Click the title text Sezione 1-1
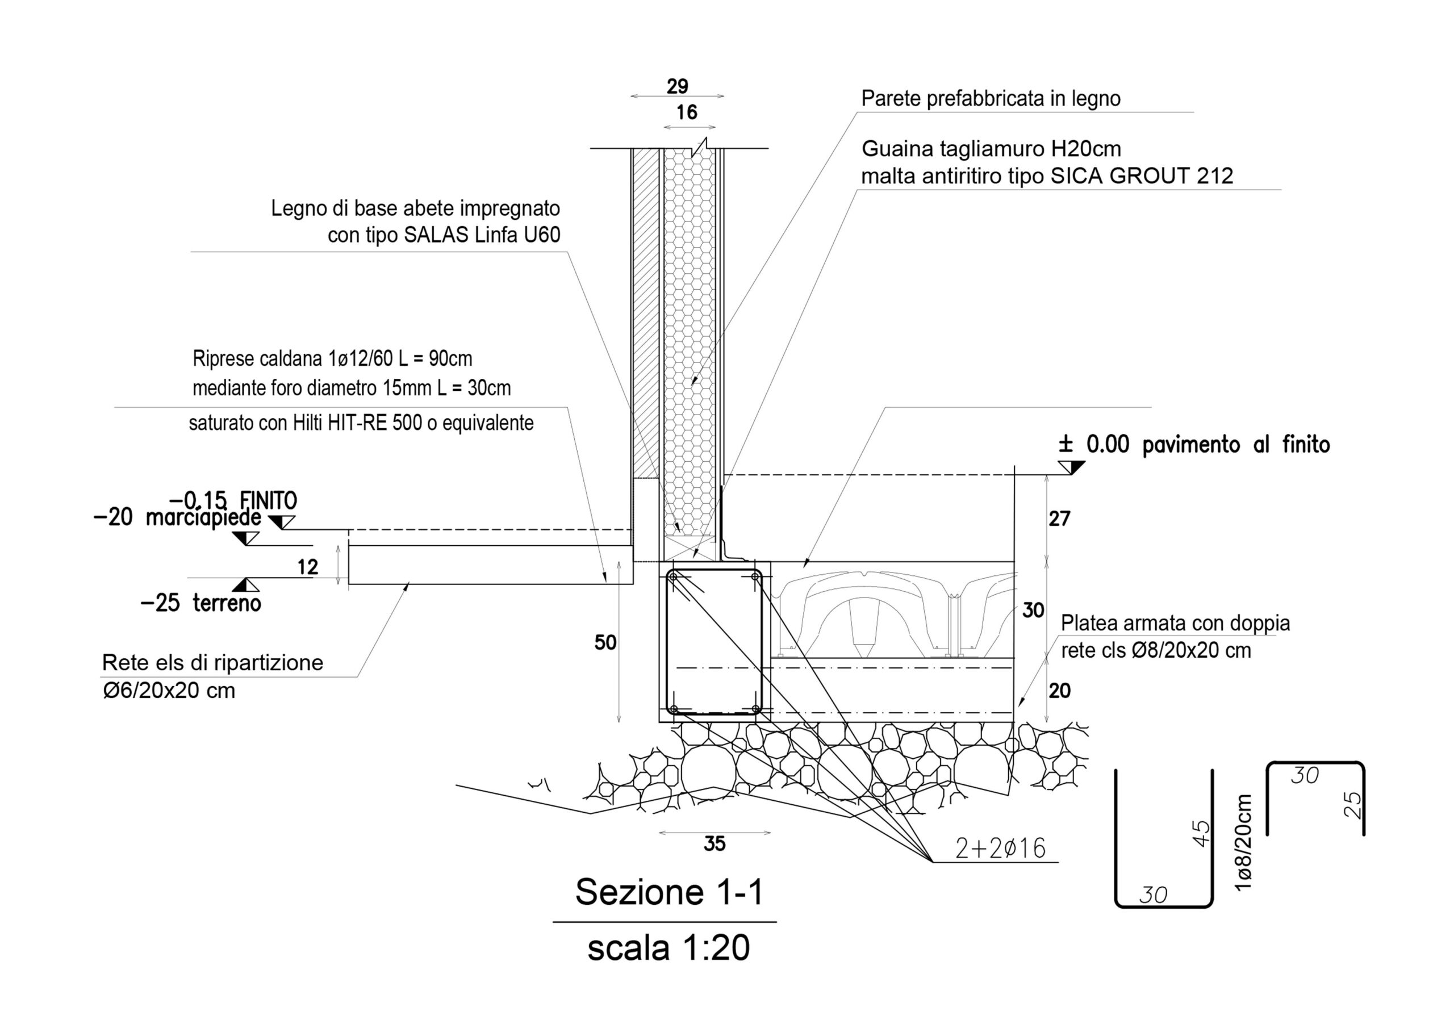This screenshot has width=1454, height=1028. [x=670, y=892]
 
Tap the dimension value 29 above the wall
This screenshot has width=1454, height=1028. [x=677, y=86]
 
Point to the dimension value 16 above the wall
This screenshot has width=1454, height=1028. [x=687, y=113]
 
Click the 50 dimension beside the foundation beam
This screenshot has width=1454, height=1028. [x=605, y=643]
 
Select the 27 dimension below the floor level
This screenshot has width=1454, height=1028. [x=1059, y=519]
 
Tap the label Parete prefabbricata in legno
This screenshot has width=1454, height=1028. [x=991, y=99]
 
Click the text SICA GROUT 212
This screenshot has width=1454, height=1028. [x=1142, y=176]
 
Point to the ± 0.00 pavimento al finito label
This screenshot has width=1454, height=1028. [x=1194, y=445]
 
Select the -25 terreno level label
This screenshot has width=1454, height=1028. [x=200, y=603]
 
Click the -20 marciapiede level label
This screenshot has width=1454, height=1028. [x=177, y=518]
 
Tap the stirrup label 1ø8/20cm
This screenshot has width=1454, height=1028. [x=1244, y=843]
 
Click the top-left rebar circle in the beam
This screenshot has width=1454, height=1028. [x=673, y=576]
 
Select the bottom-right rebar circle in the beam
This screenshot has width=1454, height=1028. [x=755, y=709]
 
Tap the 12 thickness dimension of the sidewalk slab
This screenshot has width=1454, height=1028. [x=308, y=567]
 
